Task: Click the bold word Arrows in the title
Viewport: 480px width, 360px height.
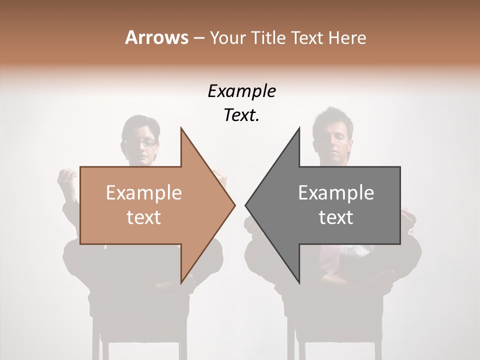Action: [156, 37]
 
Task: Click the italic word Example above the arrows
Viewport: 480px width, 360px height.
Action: [241, 91]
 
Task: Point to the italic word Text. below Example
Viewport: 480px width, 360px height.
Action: [241, 115]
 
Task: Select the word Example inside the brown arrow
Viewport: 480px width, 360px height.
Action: [143, 193]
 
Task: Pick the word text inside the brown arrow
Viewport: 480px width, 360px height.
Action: [143, 217]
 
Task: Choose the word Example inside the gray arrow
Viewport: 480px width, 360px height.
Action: [336, 193]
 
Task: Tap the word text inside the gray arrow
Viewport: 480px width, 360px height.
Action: [336, 217]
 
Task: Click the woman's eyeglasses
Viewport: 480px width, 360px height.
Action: [141, 142]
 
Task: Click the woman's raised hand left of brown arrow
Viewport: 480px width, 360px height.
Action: [67, 177]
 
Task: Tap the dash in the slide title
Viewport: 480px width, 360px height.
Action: [198, 38]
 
